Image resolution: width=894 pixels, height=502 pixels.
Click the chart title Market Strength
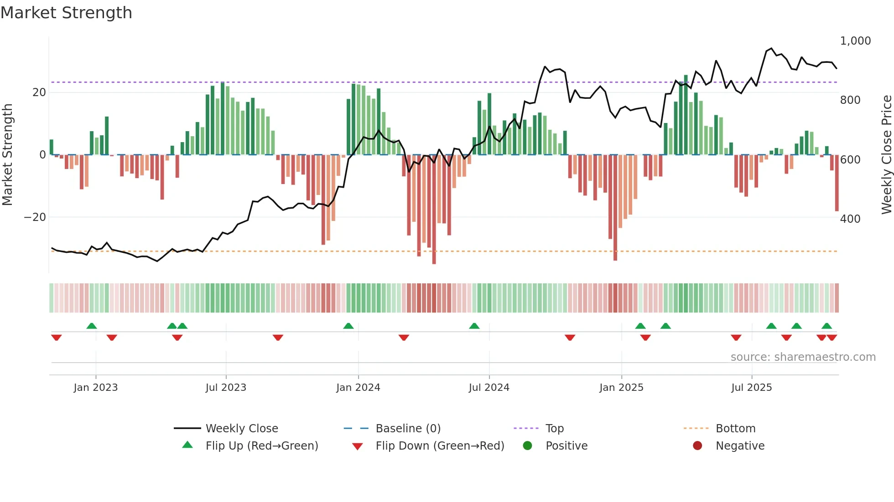pos(66,13)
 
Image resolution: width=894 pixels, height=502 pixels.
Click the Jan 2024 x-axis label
pos(358,388)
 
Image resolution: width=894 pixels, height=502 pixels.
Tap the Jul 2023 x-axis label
pos(226,388)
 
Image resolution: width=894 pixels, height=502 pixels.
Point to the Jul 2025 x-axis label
pos(751,388)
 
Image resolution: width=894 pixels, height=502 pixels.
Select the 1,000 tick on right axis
pos(855,41)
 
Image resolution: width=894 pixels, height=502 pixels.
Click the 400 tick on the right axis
pos(850,219)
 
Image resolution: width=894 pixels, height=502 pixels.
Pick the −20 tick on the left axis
pos(35,217)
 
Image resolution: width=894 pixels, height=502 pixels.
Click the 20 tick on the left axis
pos(39,92)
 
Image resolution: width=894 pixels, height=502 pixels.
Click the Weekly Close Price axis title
pos(886,155)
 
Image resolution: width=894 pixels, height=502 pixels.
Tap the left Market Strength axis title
pos(8,155)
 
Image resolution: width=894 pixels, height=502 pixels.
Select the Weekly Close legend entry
pos(242,429)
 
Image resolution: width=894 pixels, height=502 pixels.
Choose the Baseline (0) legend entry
pos(408,429)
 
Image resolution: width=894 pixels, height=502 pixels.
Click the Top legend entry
pos(554,429)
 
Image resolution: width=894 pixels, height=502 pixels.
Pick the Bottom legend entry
pos(735,429)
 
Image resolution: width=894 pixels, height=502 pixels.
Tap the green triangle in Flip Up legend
pos(187,445)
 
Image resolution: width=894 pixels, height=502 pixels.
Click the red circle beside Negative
pos(697,446)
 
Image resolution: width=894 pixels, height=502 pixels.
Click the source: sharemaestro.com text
pos(803,357)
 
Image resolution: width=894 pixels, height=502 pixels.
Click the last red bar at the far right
pos(837,182)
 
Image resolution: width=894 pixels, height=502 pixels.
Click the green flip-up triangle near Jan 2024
pos(348,326)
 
